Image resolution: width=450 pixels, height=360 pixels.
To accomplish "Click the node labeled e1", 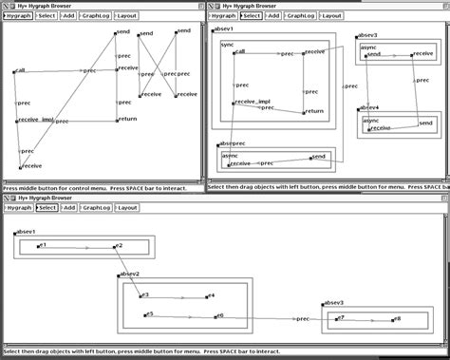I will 42,246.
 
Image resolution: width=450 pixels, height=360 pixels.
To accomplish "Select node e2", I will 118,246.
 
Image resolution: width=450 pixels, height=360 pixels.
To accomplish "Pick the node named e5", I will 148,314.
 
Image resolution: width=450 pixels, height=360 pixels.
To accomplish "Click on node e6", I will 220,315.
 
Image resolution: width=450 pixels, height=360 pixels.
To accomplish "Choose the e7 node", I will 342,318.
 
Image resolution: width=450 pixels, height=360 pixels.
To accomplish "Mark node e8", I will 397,319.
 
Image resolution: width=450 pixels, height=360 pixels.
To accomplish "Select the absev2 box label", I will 130,274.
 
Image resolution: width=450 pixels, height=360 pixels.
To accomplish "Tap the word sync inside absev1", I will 228,45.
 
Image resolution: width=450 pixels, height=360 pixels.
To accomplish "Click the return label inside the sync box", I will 315,111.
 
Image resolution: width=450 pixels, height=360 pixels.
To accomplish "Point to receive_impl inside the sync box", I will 251,101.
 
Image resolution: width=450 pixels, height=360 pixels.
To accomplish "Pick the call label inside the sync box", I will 240,52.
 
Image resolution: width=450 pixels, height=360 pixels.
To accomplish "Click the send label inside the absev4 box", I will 425,124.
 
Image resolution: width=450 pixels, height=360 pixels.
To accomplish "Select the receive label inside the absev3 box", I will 423,54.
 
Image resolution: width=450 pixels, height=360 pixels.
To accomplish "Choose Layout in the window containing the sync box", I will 330,16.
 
